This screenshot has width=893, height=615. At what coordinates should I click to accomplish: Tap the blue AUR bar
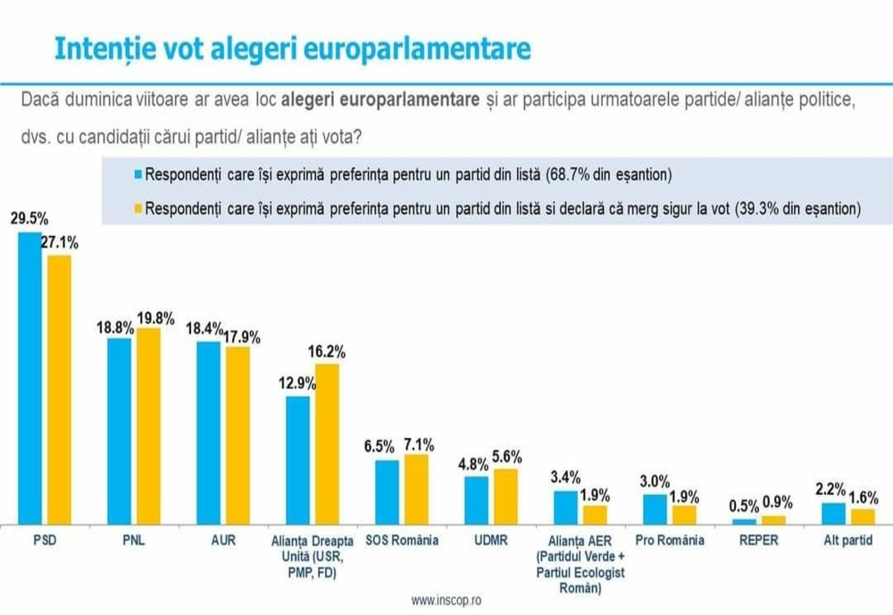[208, 433]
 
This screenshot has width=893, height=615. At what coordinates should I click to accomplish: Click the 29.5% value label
[29, 217]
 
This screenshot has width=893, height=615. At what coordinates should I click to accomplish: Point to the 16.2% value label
[328, 351]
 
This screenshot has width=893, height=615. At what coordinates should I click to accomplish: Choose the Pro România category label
[670, 540]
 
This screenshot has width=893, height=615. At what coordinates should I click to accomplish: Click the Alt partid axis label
[849, 540]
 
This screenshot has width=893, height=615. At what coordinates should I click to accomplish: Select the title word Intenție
[96, 48]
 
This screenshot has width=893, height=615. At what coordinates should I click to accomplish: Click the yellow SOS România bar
[416, 488]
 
